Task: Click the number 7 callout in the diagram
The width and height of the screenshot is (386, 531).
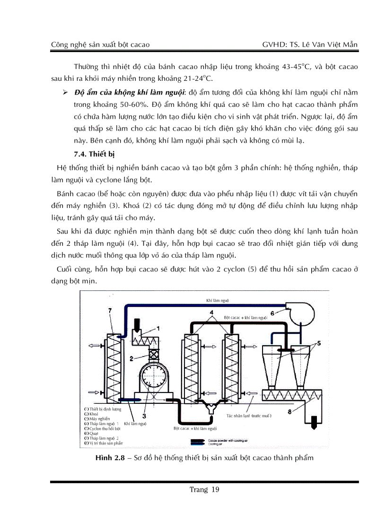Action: point(110,310)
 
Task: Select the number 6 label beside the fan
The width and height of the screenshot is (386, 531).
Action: point(272,313)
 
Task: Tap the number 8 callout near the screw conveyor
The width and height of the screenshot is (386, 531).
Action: point(289,412)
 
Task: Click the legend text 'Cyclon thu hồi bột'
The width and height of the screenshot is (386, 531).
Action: point(105,428)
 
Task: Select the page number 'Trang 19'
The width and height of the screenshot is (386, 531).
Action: point(204,490)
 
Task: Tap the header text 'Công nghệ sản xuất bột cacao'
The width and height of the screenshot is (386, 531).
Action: point(100,44)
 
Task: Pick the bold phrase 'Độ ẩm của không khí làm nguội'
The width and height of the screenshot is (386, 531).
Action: point(128,91)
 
